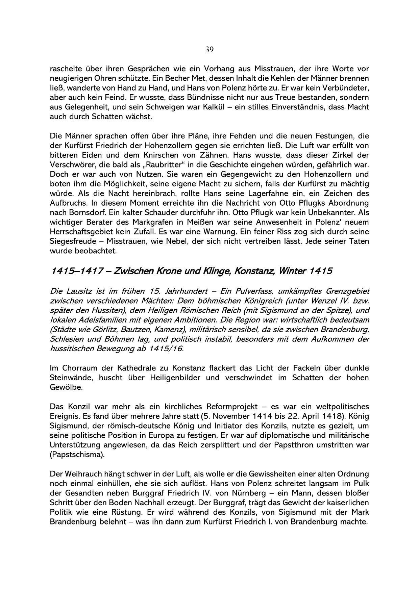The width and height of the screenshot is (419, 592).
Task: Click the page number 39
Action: (x=209, y=50)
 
